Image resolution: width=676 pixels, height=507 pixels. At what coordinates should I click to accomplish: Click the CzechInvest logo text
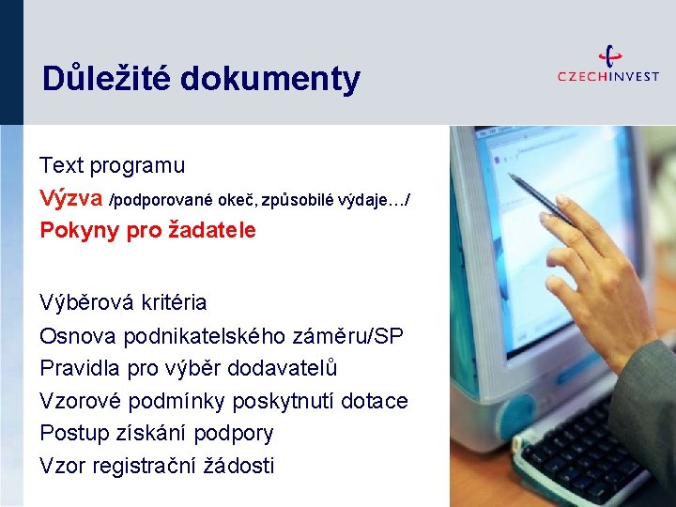point(607,76)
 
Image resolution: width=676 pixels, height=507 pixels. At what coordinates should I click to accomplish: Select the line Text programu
point(112,166)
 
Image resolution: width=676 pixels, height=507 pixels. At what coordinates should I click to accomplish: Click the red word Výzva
point(71,198)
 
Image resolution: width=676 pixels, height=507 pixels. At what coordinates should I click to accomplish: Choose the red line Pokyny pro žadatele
point(147,230)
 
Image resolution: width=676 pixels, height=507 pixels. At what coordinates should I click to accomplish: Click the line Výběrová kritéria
point(123,303)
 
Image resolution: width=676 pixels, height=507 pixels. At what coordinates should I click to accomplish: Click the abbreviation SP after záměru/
point(390,335)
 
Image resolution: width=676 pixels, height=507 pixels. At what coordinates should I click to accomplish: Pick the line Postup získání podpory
point(156,434)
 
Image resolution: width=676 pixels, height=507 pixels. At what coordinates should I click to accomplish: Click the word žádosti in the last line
point(241,466)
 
